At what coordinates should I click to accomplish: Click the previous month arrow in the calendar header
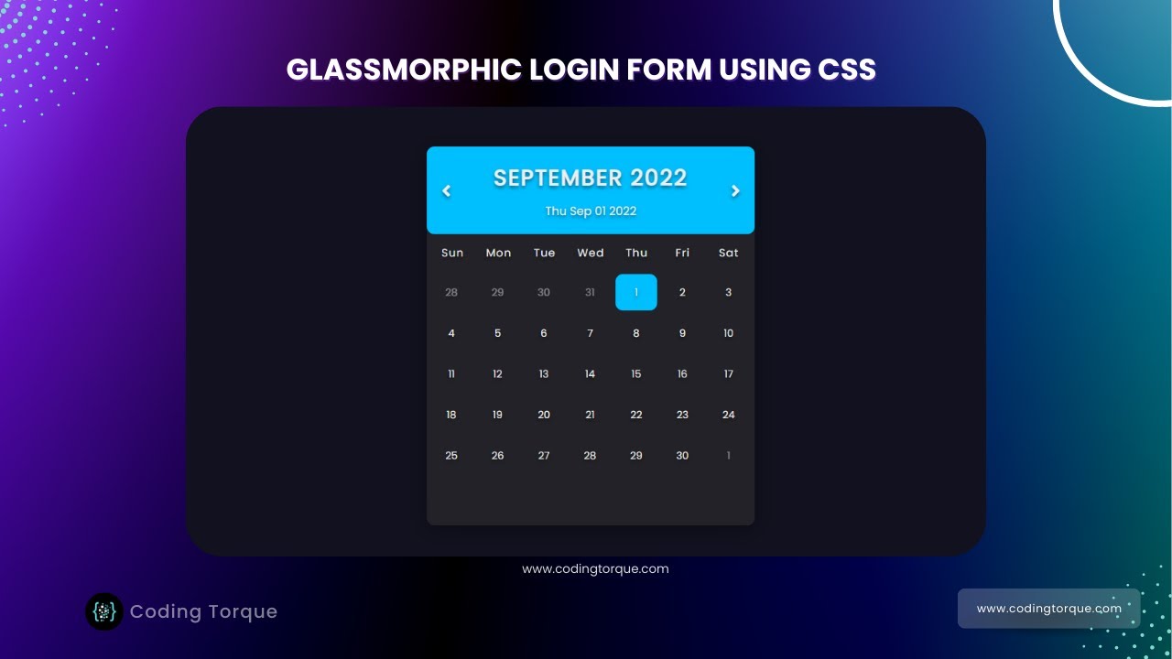coord(447,191)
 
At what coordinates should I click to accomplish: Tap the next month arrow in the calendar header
coord(734,191)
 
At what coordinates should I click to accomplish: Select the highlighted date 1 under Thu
coord(636,292)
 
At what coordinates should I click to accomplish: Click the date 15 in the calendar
coord(636,373)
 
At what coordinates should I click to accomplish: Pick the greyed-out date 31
coord(590,292)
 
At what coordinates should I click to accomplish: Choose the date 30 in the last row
coord(682,455)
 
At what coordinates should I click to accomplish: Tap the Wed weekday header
coord(591,253)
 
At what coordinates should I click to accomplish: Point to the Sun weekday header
coord(452,253)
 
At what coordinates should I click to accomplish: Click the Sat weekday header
coord(729,253)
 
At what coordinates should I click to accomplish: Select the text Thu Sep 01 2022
coord(591,211)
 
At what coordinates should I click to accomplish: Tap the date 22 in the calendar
coord(636,415)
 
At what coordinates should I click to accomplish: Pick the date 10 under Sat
coord(729,333)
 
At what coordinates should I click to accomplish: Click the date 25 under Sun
coord(451,455)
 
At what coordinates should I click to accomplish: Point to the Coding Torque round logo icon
coord(104,611)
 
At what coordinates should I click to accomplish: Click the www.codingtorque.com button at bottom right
coord(1048,609)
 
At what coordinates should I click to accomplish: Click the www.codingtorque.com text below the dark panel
coord(595,568)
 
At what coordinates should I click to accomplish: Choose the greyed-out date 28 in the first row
coord(451,292)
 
